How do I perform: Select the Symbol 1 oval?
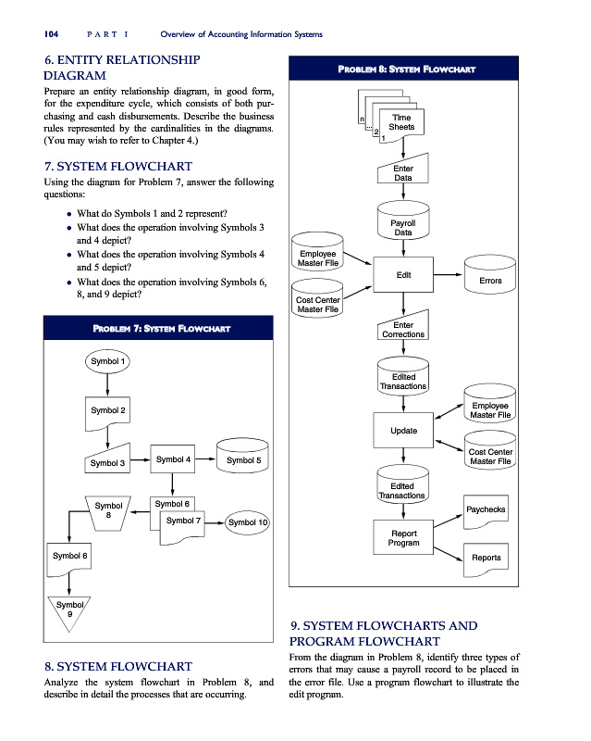point(109,360)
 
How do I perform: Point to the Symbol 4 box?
point(173,459)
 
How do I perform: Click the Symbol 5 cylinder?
point(243,459)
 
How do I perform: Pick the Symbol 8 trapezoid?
point(109,510)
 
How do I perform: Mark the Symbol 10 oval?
point(247,522)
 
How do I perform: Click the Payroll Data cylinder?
point(403,227)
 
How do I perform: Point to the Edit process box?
point(403,275)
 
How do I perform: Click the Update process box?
point(403,431)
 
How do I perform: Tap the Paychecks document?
point(486,509)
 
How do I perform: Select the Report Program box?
point(403,538)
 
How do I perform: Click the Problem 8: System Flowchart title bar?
point(432,69)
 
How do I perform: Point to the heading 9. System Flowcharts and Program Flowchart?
point(384,633)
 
